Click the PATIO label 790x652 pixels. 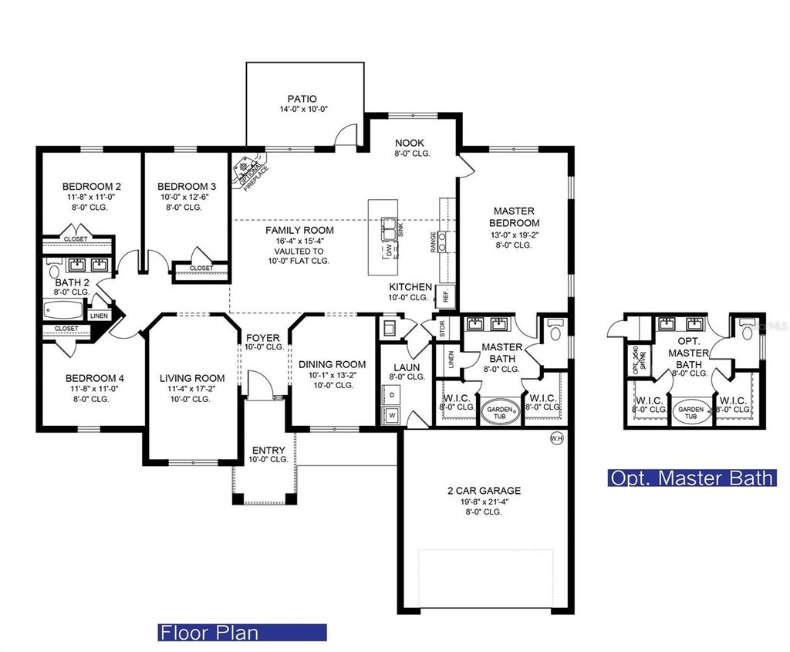point(302,99)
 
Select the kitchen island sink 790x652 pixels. point(387,230)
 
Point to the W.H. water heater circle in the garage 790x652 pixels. point(556,439)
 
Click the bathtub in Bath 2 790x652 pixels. point(64,312)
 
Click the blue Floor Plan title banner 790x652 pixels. point(242,633)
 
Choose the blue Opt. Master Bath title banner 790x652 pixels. point(691,478)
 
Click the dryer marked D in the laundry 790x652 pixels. point(390,394)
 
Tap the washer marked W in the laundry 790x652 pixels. point(390,415)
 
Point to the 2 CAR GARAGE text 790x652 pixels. point(484,490)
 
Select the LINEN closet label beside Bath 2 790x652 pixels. point(99,316)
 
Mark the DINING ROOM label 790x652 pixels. point(332,364)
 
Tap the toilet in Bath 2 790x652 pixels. point(53,271)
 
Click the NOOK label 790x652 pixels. point(410,143)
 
